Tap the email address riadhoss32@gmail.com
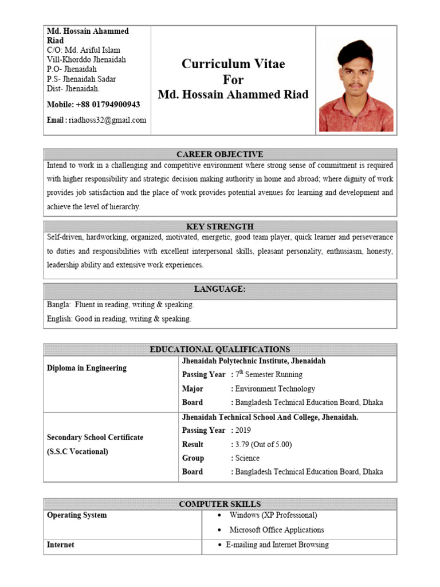tap(107, 120)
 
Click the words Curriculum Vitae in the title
tap(233, 64)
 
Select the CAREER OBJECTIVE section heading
tap(220, 154)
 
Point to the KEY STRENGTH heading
tap(220, 226)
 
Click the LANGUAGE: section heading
tap(220, 289)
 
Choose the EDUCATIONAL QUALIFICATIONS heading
tap(220, 349)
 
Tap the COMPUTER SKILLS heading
tap(220, 504)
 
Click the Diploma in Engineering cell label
tap(87, 368)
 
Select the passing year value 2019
tap(243, 431)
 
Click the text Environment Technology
tap(275, 389)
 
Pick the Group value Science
tap(247, 458)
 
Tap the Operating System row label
tap(77, 515)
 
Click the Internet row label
tap(61, 545)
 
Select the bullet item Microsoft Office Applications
tap(277, 530)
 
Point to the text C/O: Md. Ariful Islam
tap(84, 50)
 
